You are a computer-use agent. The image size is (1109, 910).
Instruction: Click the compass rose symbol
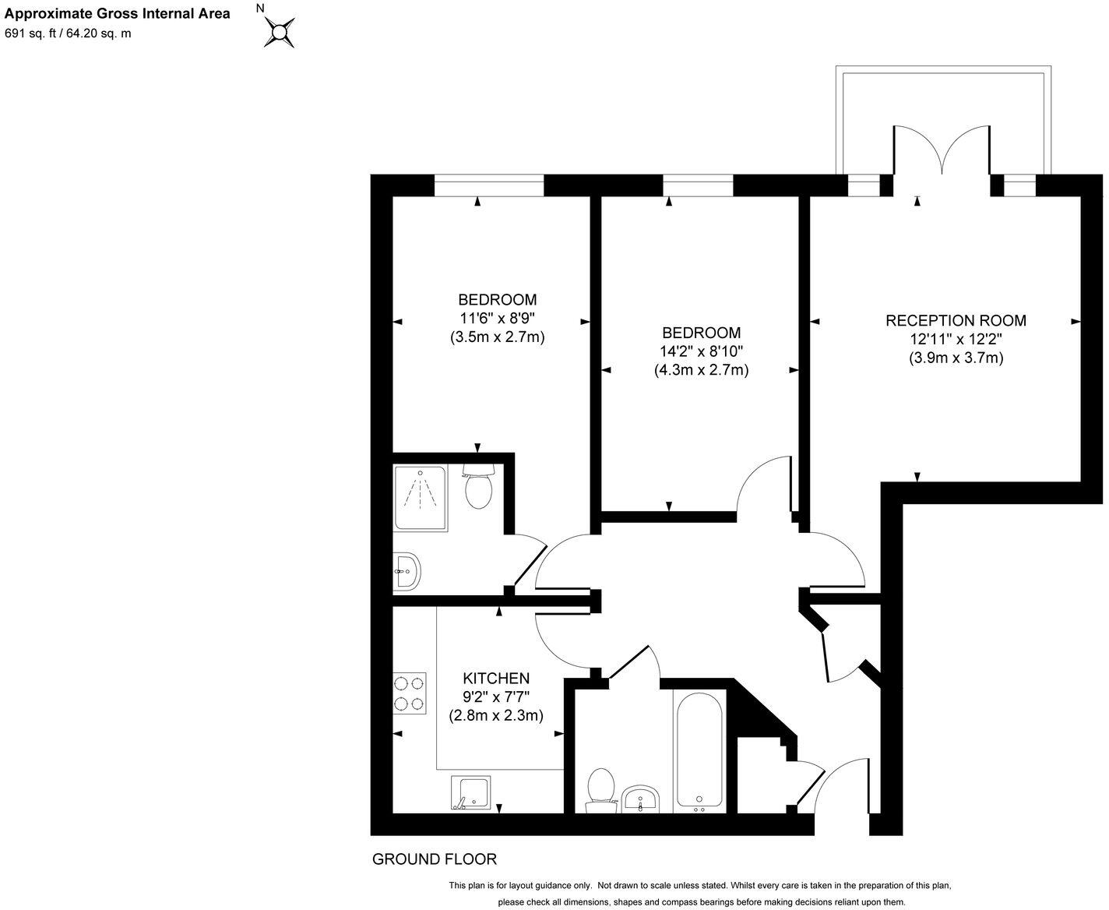pyautogui.click(x=280, y=32)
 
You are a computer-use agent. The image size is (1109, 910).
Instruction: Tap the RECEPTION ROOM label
pyautogui.click(x=956, y=320)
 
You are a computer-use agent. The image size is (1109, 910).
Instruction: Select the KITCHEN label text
pyautogui.click(x=496, y=678)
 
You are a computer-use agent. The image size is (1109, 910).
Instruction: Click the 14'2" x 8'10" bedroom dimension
pyautogui.click(x=701, y=351)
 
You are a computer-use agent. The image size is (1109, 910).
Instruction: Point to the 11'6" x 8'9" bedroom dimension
pyautogui.click(x=497, y=318)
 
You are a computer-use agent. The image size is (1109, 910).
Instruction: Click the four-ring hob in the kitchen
pyautogui.click(x=410, y=693)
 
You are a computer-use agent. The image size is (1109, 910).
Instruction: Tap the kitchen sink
pyautogui.click(x=470, y=793)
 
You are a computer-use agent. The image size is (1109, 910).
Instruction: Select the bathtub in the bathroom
pyautogui.click(x=700, y=750)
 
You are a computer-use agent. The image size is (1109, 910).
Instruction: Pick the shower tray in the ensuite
pyautogui.click(x=421, y=498)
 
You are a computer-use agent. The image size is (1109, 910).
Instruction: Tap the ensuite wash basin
pyautogui.click(x=407, y=571)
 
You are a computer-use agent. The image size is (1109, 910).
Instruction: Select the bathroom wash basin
pyautogui.click(x=642, y=799)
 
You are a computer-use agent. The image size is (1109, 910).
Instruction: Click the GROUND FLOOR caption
pyautogui.click(x=435, y=859)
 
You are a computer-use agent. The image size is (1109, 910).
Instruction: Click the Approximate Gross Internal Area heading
pyautogui.click(x=118, y=13)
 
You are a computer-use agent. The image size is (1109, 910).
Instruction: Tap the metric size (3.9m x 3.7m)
pyautogui.click(x=956, y=358)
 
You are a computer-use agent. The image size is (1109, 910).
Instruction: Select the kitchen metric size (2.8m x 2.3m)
pyautogui.click(x=496, y=715)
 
